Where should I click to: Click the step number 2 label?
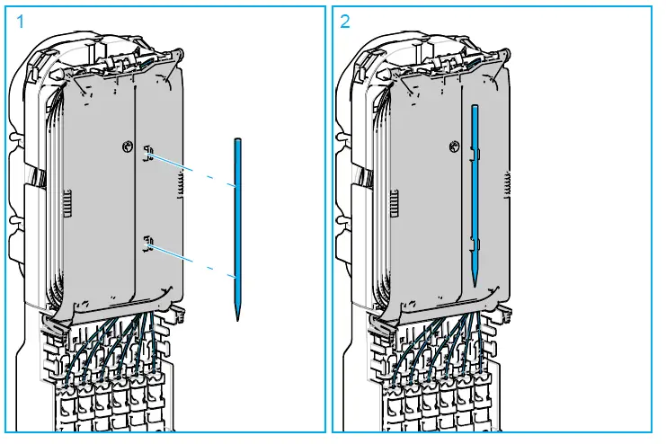click(x=345, y=22)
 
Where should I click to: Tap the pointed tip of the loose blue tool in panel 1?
click(x=238, y=317)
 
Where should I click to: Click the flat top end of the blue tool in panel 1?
click(x=236, y=140)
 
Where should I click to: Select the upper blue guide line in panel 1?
click(x=192, y=170)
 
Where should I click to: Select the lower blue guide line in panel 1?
click(x=192, y=259)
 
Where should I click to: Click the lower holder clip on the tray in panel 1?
click(x=147, y=241)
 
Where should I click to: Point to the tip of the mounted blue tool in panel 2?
click(x=475, y=282)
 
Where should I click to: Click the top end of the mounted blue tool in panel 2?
click(x=474, y=106)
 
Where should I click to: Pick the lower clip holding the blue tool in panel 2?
click(x=475, y=243)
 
